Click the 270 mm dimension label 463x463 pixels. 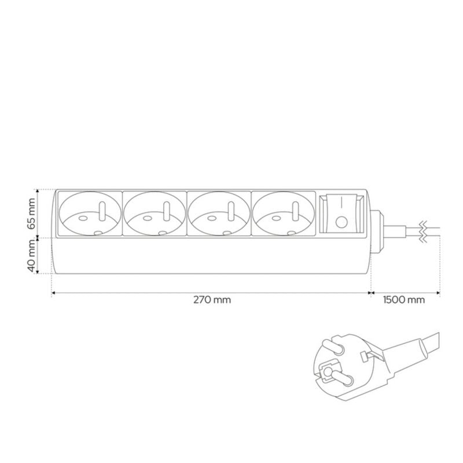click(212, 300)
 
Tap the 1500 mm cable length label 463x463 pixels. click(404, 300)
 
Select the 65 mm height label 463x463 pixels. click(31, 214)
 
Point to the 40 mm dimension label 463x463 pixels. click(31, 256)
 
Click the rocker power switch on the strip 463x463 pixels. click(341, 214)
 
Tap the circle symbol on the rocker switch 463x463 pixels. click(341, 222)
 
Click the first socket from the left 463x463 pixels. click(90, 214)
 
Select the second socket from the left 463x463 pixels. click(155, 214)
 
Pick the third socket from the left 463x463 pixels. click(219, 214)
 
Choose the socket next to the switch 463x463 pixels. click(283, 214)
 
